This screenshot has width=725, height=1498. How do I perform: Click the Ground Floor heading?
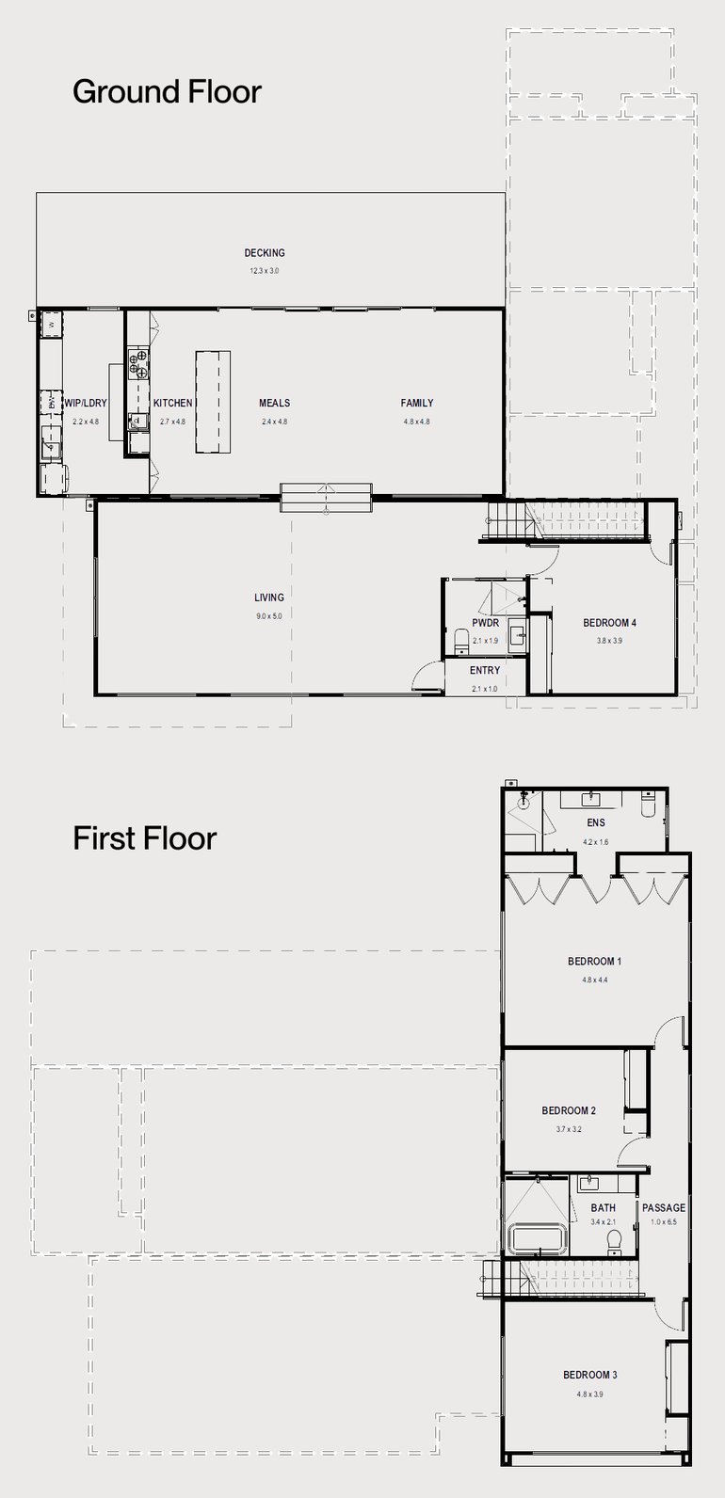[167, 92]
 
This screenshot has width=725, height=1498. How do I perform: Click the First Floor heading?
[144, 837]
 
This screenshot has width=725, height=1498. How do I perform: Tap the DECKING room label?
[265, 252]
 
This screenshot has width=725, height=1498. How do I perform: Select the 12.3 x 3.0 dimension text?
[265, 271]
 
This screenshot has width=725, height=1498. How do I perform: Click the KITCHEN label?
[173, 403]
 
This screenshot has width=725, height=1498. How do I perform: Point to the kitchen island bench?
[213, 402]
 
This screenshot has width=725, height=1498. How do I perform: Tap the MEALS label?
[274, 403]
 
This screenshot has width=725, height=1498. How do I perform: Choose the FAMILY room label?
[416, 403]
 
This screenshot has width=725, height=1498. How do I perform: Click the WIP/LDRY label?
[86, 403]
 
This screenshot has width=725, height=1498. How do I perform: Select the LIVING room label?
[268, 598]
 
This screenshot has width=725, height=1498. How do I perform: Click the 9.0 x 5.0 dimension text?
[268, 615]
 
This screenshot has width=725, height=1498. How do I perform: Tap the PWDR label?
[485, 623]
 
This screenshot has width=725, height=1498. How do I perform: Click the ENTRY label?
[485, 671]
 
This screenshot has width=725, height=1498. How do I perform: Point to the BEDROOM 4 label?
[610, 623]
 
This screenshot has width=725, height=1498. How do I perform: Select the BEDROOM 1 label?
[594, 962]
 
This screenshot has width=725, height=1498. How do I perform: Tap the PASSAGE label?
[664, 1208]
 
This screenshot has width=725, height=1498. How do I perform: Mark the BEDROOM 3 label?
[590, 1375]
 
